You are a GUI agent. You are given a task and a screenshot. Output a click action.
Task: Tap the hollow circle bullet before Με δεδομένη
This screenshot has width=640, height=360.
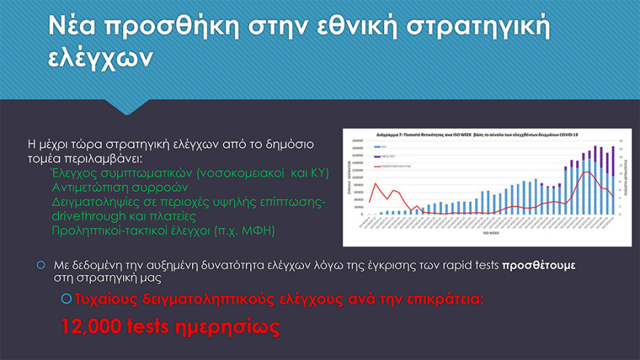point(41,264)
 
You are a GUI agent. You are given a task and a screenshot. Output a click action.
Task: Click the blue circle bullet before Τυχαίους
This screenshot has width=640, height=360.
point(67,298)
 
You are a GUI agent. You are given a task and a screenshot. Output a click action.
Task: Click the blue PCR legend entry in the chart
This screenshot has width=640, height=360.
point(380,146)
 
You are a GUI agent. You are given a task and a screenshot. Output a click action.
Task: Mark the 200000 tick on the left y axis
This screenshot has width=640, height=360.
point(357,141)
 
